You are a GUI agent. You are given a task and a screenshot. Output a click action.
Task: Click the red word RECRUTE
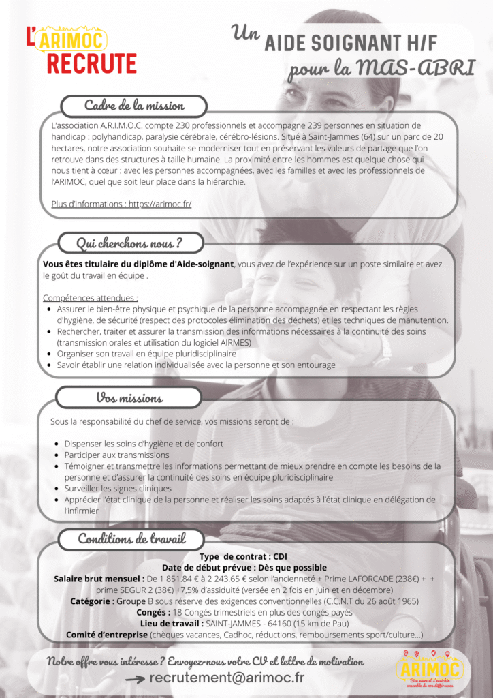point(92,63)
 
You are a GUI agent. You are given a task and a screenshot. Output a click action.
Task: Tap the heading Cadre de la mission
point(134,106)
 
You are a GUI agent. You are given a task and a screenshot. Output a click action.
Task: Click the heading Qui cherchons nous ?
point(129,243)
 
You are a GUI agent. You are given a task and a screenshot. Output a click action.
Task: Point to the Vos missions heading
point(129,397)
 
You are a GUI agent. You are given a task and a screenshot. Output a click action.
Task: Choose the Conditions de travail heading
point(131,538)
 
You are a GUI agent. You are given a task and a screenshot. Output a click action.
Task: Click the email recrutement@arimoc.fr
point(227,678)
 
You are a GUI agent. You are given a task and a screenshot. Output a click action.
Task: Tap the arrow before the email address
point(136,679)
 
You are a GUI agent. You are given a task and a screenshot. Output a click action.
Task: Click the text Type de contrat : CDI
point(243,556)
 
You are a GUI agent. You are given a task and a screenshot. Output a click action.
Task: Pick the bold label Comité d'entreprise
point(107,635)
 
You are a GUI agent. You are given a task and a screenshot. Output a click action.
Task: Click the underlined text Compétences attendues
point(91,298)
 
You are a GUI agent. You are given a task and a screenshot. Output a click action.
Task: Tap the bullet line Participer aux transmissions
point(116,455)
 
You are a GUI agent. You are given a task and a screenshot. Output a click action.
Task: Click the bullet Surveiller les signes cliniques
point(118,489)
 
